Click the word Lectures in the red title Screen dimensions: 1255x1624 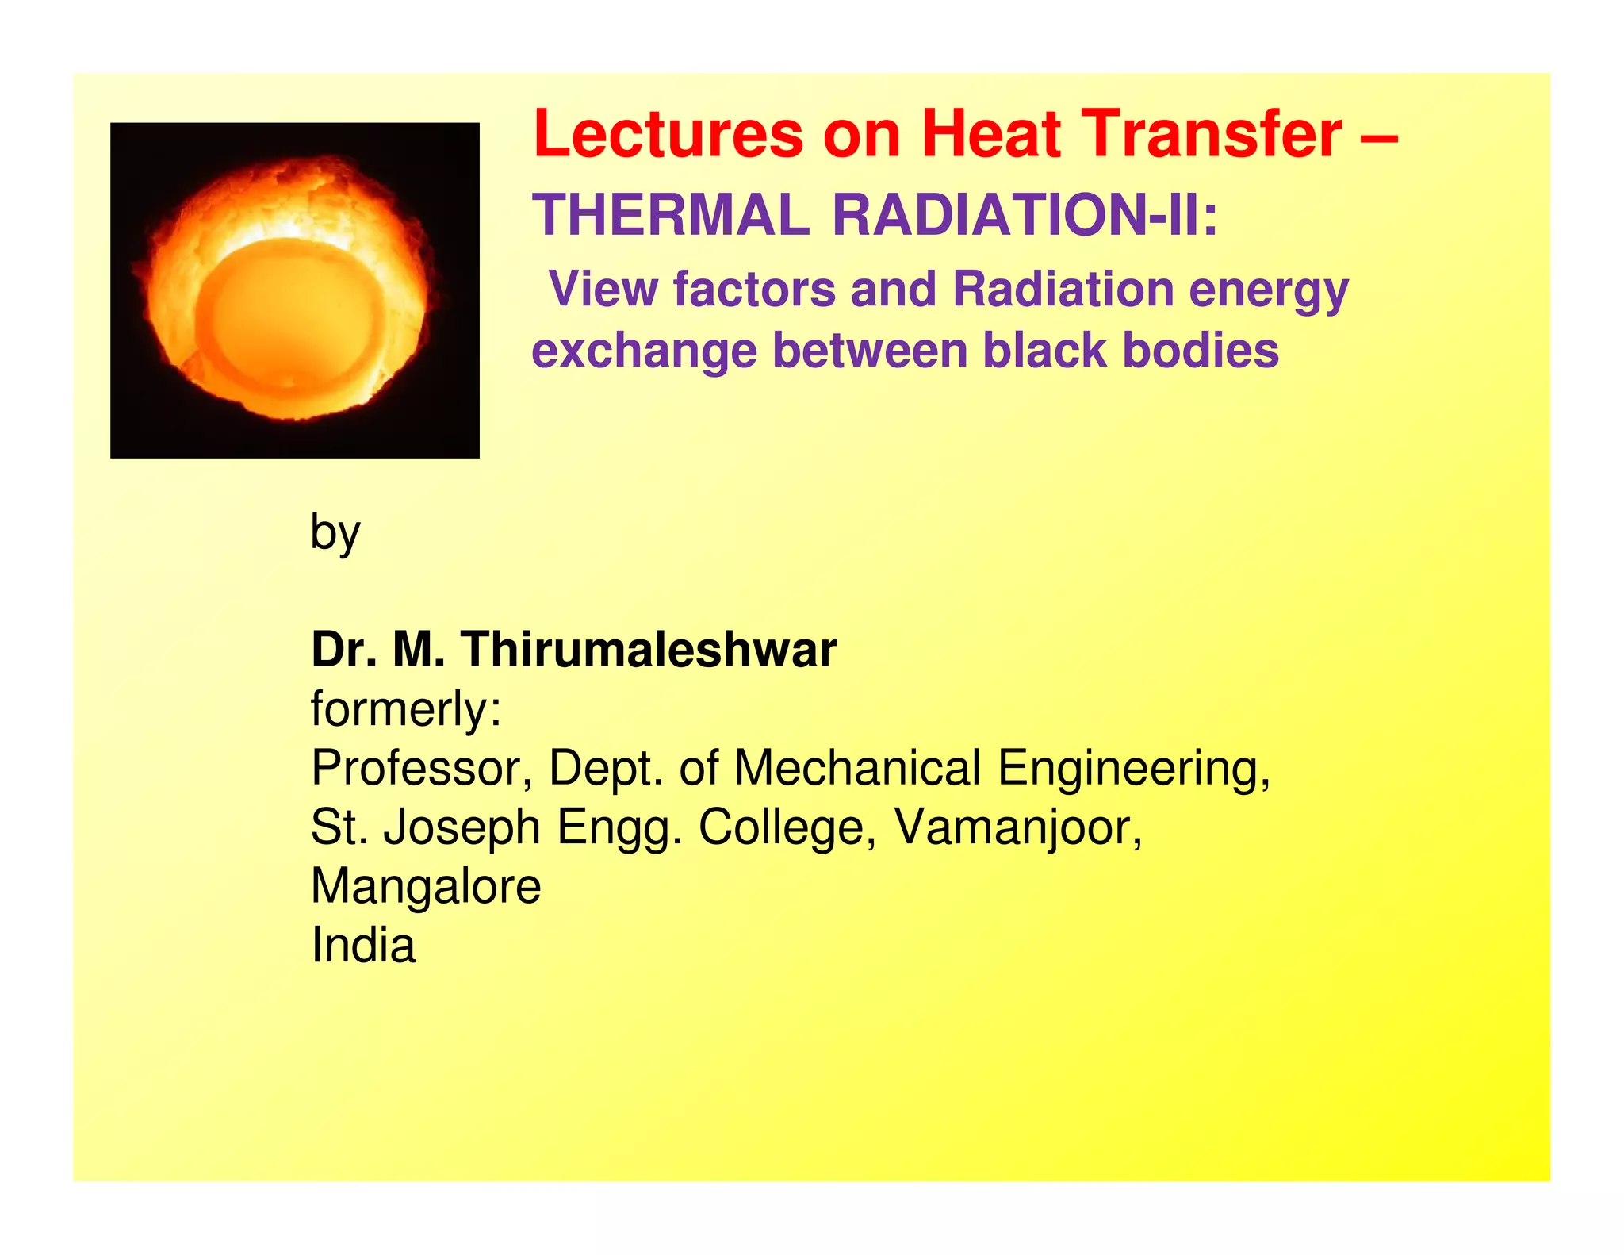click(668, 134)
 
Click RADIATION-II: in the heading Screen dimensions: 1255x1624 click(1025, 216)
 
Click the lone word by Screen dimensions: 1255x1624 click(335, 533)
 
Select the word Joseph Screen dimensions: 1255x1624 click(462, 827)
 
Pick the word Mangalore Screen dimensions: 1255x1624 click(426, 887)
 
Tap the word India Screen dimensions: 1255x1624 click(363, 946)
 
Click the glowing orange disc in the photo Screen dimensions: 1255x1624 click(291, 313)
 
